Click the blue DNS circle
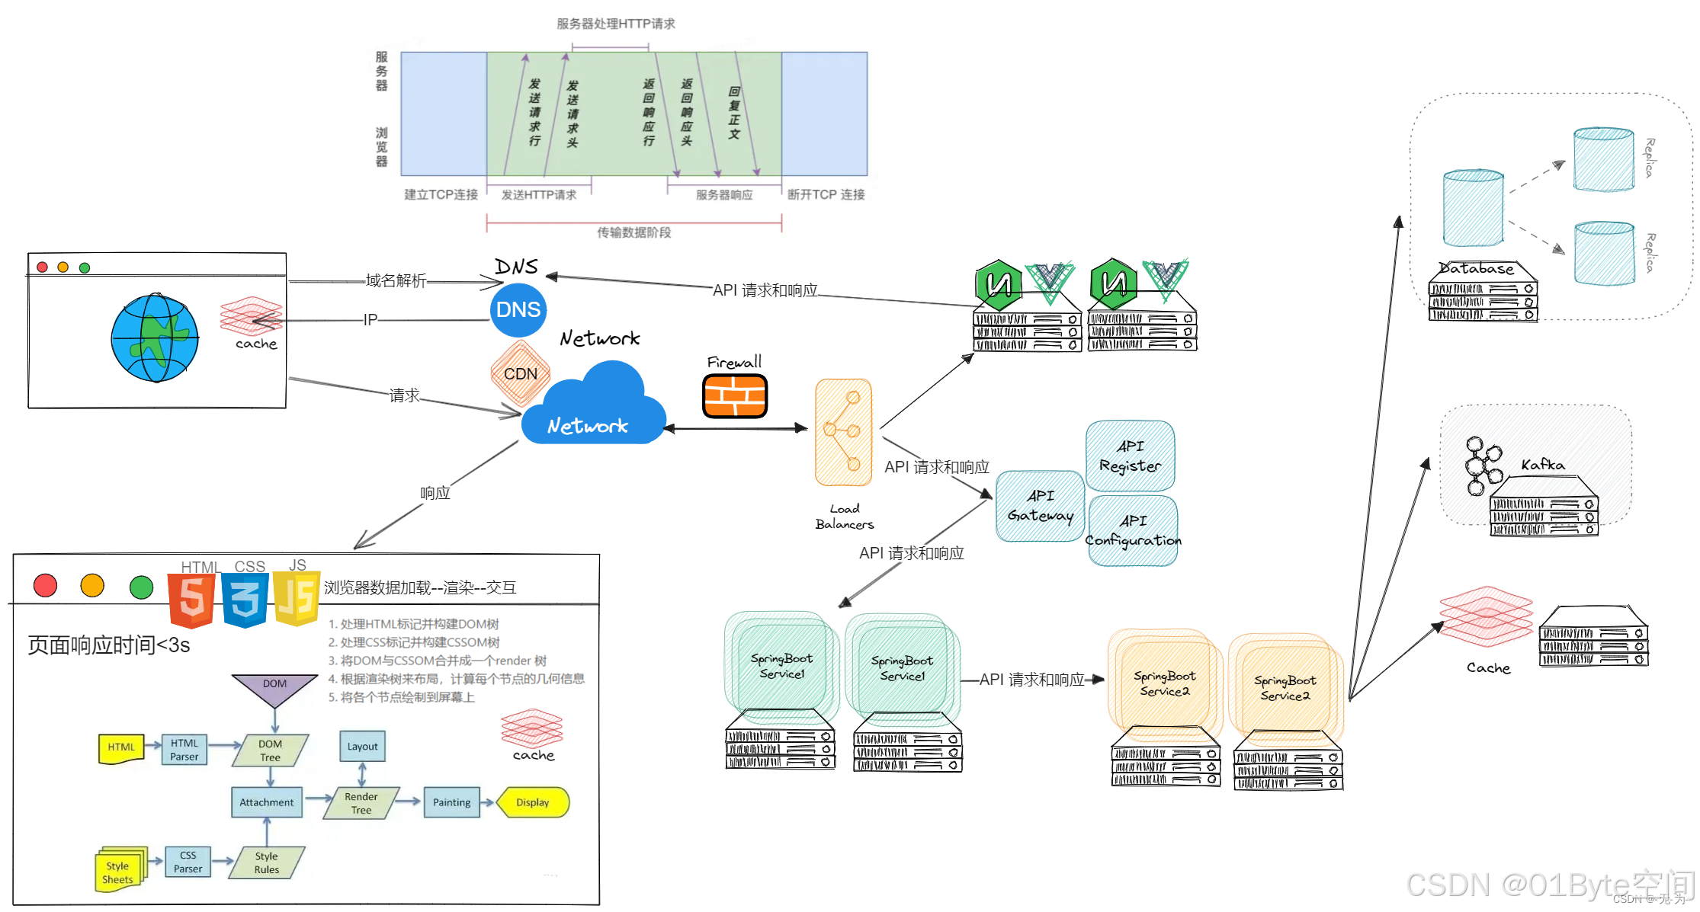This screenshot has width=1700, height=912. tap(518, 310)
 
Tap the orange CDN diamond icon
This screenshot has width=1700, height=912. tap(521, 373)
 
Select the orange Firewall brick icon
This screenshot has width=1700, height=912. tap(734, 396)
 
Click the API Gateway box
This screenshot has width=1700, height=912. tap(1040, 506)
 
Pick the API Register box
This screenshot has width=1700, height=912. tap(1130, 456)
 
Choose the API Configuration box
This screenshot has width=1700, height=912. tap(1133, 531)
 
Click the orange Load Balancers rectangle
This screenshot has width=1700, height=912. tap(843, 432)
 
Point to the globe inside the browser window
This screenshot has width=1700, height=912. tap(155, 338)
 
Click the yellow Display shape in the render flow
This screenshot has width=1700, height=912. tap(532, 802)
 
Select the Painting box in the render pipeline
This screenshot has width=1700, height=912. tap(451, 802)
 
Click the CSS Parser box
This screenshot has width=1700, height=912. tap(188, 862)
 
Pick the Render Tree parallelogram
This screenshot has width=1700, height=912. tap(361, 803)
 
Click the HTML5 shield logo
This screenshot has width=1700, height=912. tap(191, 600)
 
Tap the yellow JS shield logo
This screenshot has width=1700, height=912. tap(297, 599)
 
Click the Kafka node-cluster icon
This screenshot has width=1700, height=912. tap(1481, 466)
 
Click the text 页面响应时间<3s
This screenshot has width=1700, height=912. tap(109, 645)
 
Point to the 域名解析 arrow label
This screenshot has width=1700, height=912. tap(396, 280)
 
